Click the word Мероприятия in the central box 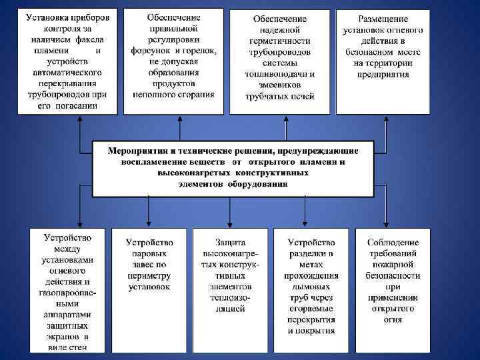[137, 151]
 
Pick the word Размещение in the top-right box [383, 19]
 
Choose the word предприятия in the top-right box [383, 74]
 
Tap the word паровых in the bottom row [150, 254]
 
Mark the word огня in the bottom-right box [393, 319]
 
